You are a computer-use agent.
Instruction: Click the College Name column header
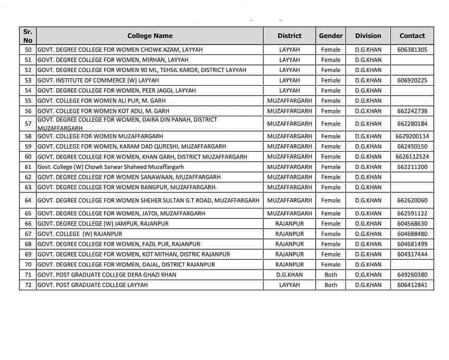(x=150, y=36)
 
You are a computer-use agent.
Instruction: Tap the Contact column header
(x=412, y=36)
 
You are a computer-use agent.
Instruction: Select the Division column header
(x=368, y=36)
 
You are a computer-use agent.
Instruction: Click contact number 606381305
(x=412, y=50)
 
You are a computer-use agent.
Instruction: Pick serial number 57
(x=28, y=124)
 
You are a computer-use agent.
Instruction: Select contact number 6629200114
(x=412, y=136)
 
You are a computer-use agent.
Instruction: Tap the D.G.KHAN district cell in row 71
(x=289, y=275)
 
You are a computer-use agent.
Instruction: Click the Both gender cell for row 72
(x=331, y=285)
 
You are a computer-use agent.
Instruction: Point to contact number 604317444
(x=412, y=254)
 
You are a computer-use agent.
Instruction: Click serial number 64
(x=28, y=201)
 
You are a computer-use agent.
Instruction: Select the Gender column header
(x=331, y=36)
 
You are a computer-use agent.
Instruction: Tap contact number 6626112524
(x=412, y=157)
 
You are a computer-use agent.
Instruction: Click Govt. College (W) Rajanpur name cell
(x=72, y=234)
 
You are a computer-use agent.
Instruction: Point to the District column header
(x=289, y=36)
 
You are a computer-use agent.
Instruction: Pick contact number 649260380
(x=412, y=275)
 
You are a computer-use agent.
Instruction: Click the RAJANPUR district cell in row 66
(x=289, y=224)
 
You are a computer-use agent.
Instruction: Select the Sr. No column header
(x=28, y=36)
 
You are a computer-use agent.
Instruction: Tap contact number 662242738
(x=412, y=111)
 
